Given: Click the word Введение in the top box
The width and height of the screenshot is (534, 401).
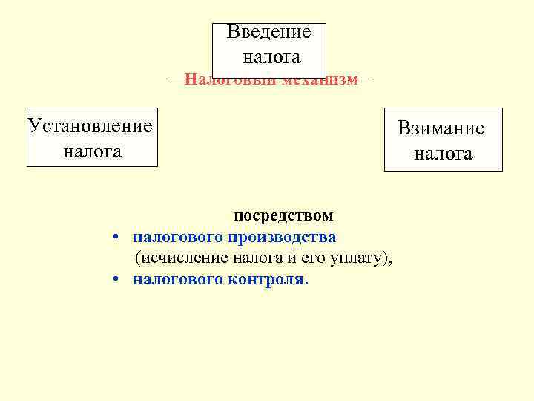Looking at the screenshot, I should coord(268,33).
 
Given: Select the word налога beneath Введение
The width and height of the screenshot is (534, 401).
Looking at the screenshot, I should coord(271,57).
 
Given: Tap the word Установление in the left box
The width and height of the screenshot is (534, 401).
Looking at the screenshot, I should coord(90,125).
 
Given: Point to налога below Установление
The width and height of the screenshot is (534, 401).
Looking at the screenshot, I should coord(92,151).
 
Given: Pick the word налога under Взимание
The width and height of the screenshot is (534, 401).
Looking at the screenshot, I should coord(443,154).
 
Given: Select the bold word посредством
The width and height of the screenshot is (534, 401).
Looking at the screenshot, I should coord(284,216).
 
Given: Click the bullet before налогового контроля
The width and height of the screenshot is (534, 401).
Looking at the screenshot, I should coord(117,280).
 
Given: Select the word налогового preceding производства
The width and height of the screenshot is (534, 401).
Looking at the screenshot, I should coord(178,238).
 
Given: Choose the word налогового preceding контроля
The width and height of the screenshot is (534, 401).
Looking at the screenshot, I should coord(178,280).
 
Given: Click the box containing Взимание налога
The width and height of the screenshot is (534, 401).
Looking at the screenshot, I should coord(443,140).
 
